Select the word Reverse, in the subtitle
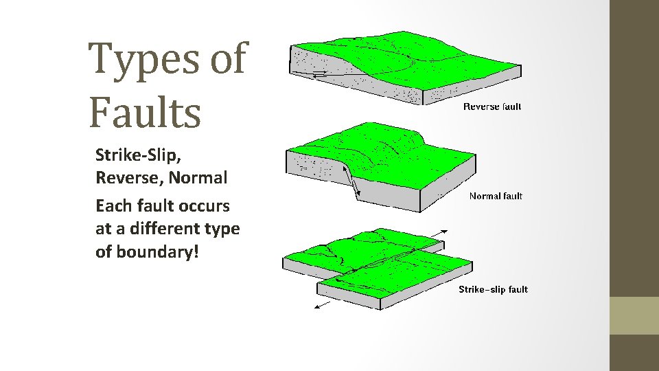[129, 177]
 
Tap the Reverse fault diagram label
[492, 106]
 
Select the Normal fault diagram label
[496, 196]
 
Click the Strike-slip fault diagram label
[493, 289]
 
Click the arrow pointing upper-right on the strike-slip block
[440, 233]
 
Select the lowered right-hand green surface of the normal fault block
[426, 172]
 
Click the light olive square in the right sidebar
[634, 315]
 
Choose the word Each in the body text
[113, 205]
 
